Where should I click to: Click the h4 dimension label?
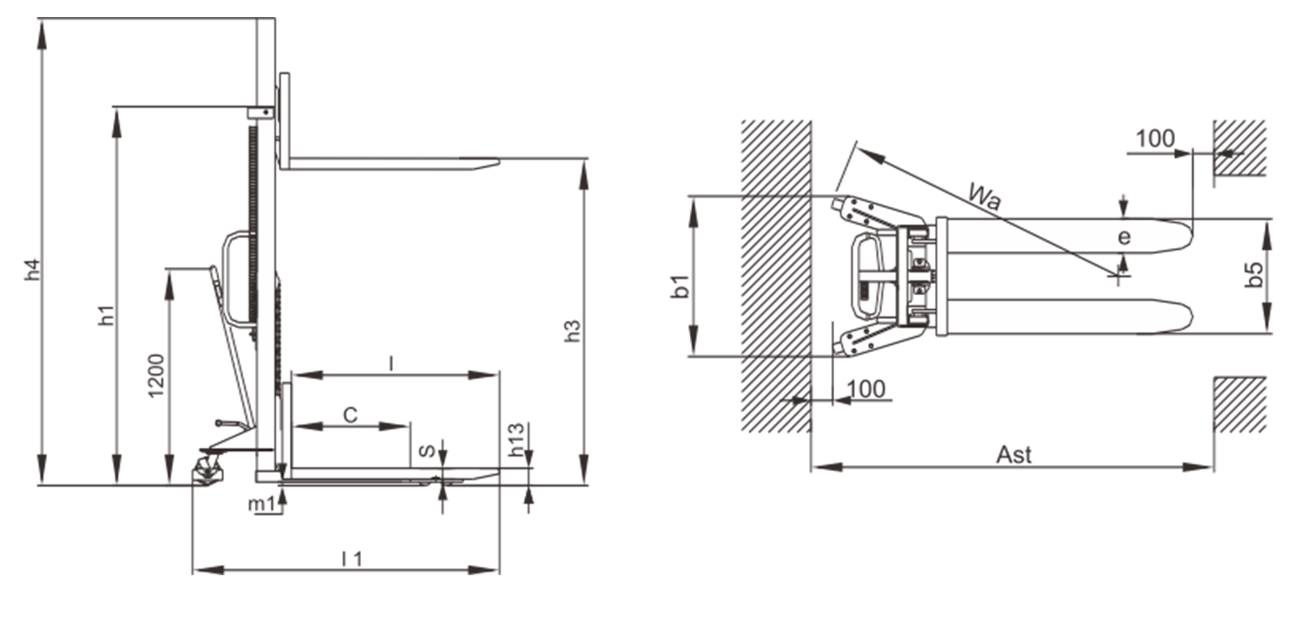point(33,269)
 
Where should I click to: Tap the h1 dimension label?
point(107,316)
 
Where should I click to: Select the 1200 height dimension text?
point(156,376)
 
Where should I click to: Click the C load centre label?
point(351,415)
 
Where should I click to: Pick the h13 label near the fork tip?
point(515,441)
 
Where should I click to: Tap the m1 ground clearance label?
point(261,505)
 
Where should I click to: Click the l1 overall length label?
point(352,559)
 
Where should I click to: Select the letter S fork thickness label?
point(427,451)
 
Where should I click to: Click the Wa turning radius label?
point(984,196)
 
